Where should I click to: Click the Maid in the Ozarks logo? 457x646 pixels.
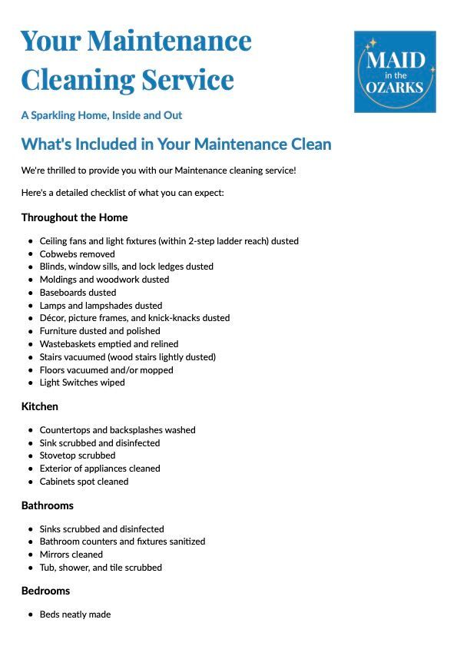[395, 71]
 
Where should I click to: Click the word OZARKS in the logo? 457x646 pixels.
[395, 87]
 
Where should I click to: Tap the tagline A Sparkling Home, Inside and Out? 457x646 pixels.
[101, 115]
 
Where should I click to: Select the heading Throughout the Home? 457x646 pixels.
[75, 217]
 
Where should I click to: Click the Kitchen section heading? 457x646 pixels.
[40, 406]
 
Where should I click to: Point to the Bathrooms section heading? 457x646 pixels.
[48, 505]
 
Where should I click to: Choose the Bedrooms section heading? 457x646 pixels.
[45, 591]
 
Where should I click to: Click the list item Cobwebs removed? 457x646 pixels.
[77, 253]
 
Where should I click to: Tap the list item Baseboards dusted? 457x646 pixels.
[78, 292]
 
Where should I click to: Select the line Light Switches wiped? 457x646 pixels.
[82, 382]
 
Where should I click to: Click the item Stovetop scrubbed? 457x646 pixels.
[78, 456]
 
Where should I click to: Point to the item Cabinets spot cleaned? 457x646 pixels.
[84, 482]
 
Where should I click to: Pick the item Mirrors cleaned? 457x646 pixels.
[71, 554]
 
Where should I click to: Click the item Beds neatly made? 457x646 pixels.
[75, 615]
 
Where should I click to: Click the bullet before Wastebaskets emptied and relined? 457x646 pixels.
[30, 344]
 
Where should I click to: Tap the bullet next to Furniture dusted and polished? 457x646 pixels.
[30, 331]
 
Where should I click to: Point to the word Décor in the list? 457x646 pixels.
[52, 317]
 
